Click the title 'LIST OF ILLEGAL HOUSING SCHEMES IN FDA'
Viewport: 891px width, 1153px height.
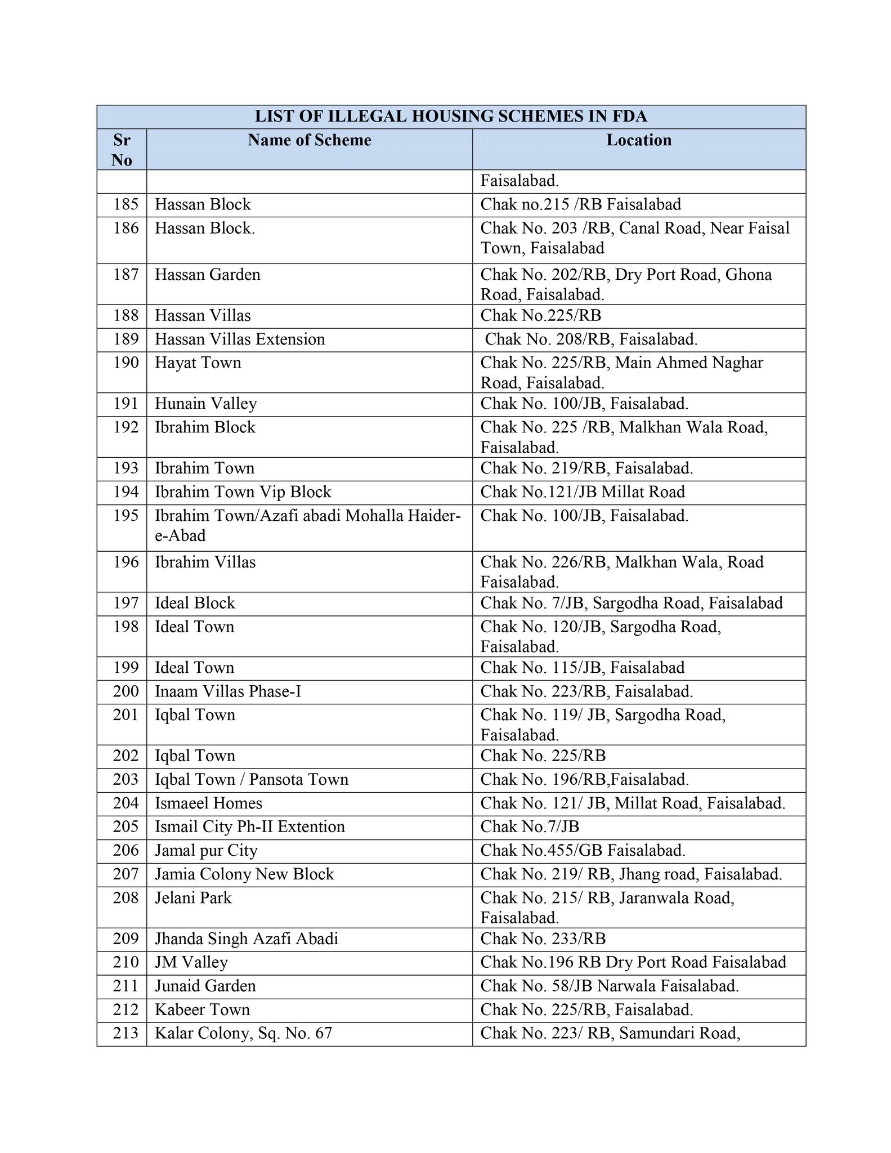click(451, 117)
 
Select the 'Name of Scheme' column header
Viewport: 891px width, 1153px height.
click(309, 140)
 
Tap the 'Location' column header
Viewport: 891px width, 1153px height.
click(639, 140)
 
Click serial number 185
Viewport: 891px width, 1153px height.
click(126, 204)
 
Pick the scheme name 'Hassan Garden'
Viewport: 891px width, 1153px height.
click(208, 275)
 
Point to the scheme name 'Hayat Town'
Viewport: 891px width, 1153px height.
click(198, 363)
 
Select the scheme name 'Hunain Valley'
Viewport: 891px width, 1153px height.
click(206, 404)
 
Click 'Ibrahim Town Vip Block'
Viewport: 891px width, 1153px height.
click(243, 492)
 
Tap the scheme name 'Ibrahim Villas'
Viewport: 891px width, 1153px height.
click(205, 562)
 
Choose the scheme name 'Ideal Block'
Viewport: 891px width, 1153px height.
click(195, 603)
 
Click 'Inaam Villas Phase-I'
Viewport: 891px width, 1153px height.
click(228, 691)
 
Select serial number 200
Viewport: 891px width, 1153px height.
click(126, 691)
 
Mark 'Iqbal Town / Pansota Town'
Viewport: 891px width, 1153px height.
click(252, 779)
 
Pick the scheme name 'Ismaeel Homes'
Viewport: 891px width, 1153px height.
click(209, 803)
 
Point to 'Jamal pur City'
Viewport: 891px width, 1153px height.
click(206, 850)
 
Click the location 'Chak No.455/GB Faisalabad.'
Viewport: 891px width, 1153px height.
click(583, 850)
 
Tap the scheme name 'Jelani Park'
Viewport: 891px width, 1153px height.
click(193, 897)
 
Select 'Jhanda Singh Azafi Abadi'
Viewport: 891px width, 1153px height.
click(247, 939)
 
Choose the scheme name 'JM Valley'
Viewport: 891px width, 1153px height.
click(191, 962)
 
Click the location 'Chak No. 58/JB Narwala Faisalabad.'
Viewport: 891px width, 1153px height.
click(610, 986)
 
